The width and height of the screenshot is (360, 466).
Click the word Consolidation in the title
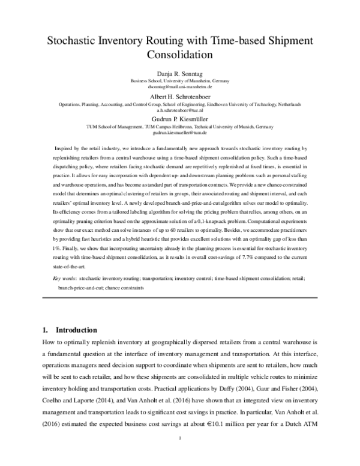[180, 56]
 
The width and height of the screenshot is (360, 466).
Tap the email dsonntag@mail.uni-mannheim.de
[180, 86]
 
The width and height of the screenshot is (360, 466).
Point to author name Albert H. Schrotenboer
[180, 97]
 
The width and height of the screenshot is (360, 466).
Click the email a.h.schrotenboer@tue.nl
[180, 110]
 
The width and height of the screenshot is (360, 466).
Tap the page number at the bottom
[180, 444]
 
